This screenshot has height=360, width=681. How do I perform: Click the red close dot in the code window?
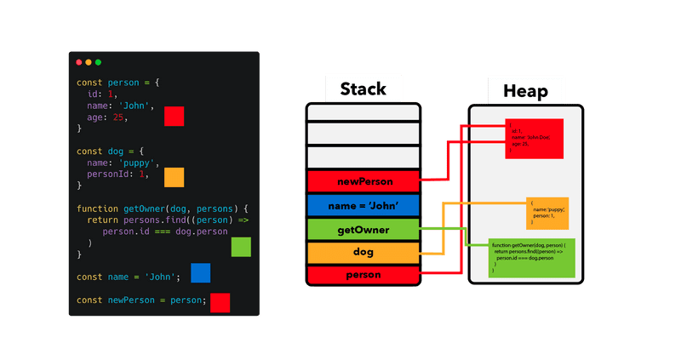[79, 62]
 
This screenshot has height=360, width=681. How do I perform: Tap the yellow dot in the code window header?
[89, 62]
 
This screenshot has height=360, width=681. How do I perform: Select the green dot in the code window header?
[98, 62]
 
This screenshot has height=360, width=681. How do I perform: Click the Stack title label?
[363, 89]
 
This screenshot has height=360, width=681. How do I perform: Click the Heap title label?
[525, 91]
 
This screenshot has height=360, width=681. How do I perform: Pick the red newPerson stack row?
[363, 181]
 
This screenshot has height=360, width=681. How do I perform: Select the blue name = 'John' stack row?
[363, 205]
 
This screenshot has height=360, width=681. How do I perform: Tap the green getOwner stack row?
[363, 229]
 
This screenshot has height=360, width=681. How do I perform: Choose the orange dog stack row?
[363, 253]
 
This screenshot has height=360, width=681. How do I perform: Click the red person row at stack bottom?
[363, 276]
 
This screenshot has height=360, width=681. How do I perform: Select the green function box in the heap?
[532, 257]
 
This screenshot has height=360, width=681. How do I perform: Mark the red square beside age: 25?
[175, 117]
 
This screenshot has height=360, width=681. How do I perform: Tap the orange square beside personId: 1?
[175, 177]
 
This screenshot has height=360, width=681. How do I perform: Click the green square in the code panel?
[242, 247]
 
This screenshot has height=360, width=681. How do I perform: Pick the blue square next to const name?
[200, 273]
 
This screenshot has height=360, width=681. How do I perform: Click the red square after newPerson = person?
[220, 302]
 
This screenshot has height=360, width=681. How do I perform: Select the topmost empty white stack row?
[363, 112]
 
